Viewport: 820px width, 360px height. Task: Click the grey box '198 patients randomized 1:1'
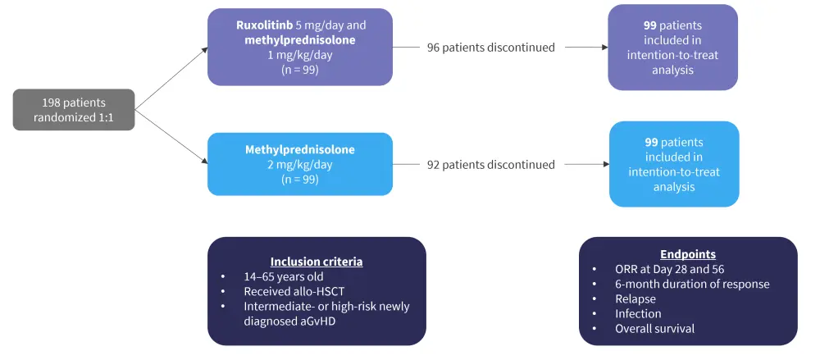[x=73, y=109]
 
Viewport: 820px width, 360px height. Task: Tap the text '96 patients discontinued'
[x=490, y=48]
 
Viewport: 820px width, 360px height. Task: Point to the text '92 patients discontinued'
[x=490, y=165]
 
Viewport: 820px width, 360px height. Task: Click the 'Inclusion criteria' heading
[x=317, y=262]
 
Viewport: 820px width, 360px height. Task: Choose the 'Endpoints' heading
[x=687, y=254]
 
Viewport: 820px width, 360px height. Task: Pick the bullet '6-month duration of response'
[x=692, y=284]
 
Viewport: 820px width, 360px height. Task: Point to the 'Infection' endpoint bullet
[x=638, y=313]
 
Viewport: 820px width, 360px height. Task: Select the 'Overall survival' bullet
[x=654, y=328]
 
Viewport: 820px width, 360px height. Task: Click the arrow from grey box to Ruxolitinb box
[x=171, y=78]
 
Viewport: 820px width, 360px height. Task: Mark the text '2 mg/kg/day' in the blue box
[x=293, y=165]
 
